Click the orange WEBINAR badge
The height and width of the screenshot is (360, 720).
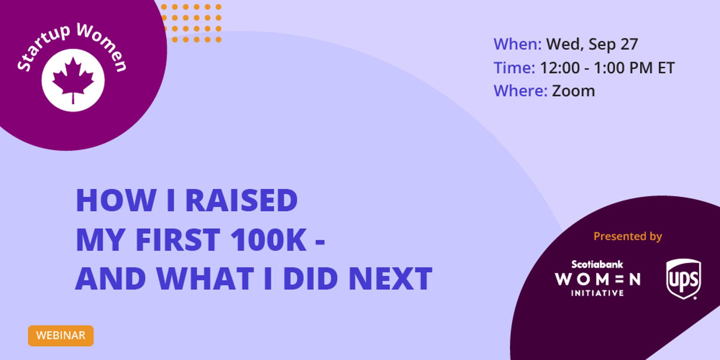[x=61, y=336]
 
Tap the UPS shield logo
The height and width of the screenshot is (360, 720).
[x=683, y=279]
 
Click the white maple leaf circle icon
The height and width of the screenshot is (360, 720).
[x=73, y=80]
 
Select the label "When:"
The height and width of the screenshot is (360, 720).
[x=517, y=44]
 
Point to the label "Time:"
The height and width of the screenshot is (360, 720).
[x=514, y=68]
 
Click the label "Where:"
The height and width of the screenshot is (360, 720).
[x=520, y=91]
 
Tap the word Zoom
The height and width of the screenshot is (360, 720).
[x=573, y=91]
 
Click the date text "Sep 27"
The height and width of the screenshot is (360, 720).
[x=613, y=45]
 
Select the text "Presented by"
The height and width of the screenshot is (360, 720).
[x=628, y=236]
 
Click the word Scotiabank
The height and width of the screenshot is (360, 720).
[x=597, y=264]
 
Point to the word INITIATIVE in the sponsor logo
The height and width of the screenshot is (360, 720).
[x=597, y=293]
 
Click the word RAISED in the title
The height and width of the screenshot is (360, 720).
[x=241, y=200]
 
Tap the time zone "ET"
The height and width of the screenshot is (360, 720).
[x=666, y=68]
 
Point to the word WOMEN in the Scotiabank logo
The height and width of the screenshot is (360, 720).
[x=598, y=279]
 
